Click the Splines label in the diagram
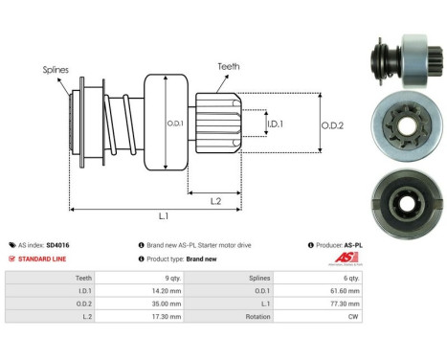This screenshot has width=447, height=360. pyautogui.click(x=55, y=69)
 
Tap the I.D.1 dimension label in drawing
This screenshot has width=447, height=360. pyautogui.click(x=274, y=124)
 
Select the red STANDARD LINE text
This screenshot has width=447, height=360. pyautogui.click(x=43, y=259)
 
